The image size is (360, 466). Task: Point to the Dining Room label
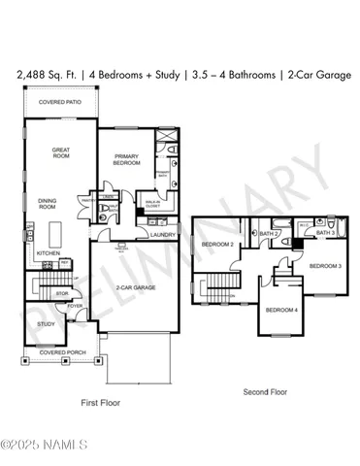pyautogui.click(x=48, y=205)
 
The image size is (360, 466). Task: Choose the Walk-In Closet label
pyautogui.click(x=153, y=204)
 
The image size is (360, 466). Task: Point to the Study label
pyautogui.click(x=46, y=324)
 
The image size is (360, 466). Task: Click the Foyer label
pyautogui.click(x=73, y=305)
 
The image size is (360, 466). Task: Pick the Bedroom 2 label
pyautogui.click(x=214, y=245)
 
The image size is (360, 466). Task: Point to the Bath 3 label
pyautogui.click(x=325, y=233)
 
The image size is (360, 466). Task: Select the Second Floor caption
pyautogui.click(x=265, y=391)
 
